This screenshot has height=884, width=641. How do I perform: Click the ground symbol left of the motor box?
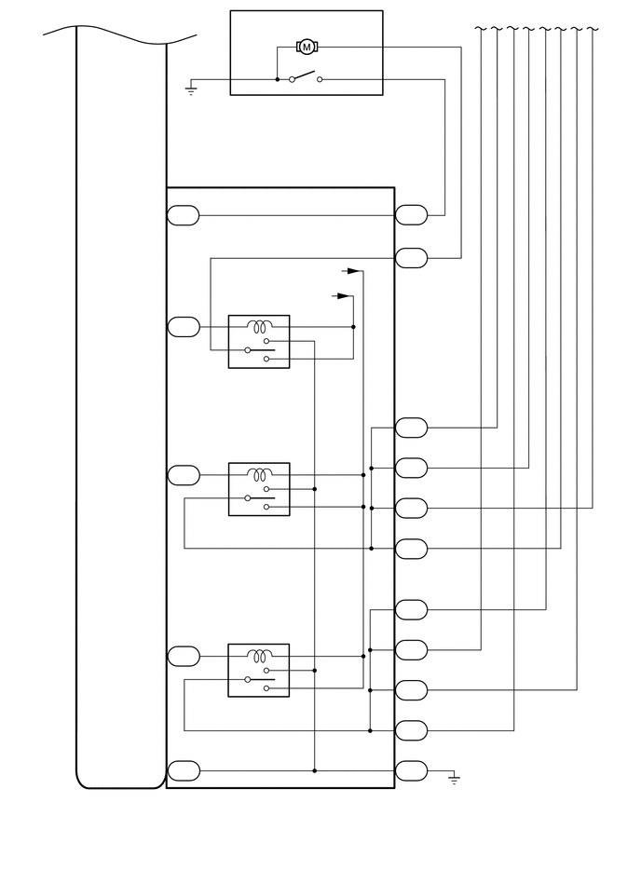(191, 91)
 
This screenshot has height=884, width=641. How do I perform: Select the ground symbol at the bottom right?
(454, 780)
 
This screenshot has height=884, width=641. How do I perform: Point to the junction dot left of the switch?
(278, 79)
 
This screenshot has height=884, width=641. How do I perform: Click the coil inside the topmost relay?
(259, 327)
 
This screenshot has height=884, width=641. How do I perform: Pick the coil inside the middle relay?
(259, 474)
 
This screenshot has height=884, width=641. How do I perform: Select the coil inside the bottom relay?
(259, 656)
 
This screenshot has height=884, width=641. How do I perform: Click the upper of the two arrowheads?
(352, 271)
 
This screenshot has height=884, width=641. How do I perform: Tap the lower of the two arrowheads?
(344, 296)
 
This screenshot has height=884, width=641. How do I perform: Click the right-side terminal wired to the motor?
(411, 257)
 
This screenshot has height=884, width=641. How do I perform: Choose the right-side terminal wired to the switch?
(411, 215)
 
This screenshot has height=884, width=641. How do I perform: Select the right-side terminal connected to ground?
(411, 770)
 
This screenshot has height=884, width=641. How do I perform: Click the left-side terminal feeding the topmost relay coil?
(184, 327)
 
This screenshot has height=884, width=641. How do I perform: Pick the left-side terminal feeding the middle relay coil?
(184, 475)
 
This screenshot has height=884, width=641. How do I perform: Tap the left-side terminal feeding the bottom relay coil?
(184, 656)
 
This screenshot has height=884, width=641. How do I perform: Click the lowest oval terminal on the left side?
(184, 770)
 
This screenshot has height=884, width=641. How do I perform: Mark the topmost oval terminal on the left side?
(184, 215)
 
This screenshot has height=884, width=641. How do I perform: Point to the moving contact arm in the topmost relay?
(260, 349)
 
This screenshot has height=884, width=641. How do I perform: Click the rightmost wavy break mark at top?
(593, 29)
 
